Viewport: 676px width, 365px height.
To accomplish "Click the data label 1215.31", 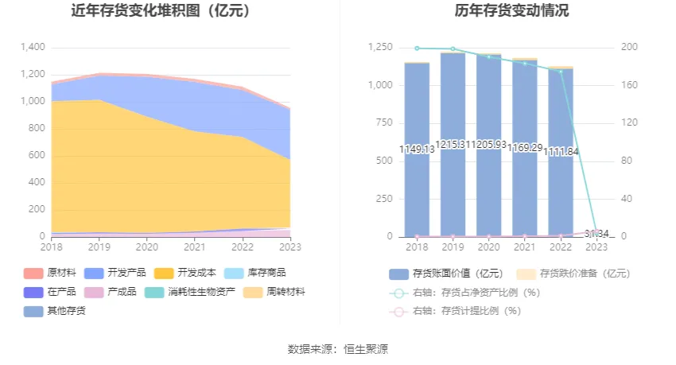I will [x=453, y=149].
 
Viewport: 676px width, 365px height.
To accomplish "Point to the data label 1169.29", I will [x=525, y=149].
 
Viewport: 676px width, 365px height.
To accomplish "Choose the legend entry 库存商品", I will [x=263, y=273].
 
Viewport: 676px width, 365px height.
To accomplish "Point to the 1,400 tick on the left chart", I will [x=32, y=47].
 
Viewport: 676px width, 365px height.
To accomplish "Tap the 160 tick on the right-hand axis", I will [x=629, y=85].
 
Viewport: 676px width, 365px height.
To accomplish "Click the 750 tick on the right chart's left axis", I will [x=382, y=122].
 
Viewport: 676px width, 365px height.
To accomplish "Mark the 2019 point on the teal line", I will [x=453, y=49].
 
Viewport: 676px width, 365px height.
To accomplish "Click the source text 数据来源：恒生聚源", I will [x=338, y=349].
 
